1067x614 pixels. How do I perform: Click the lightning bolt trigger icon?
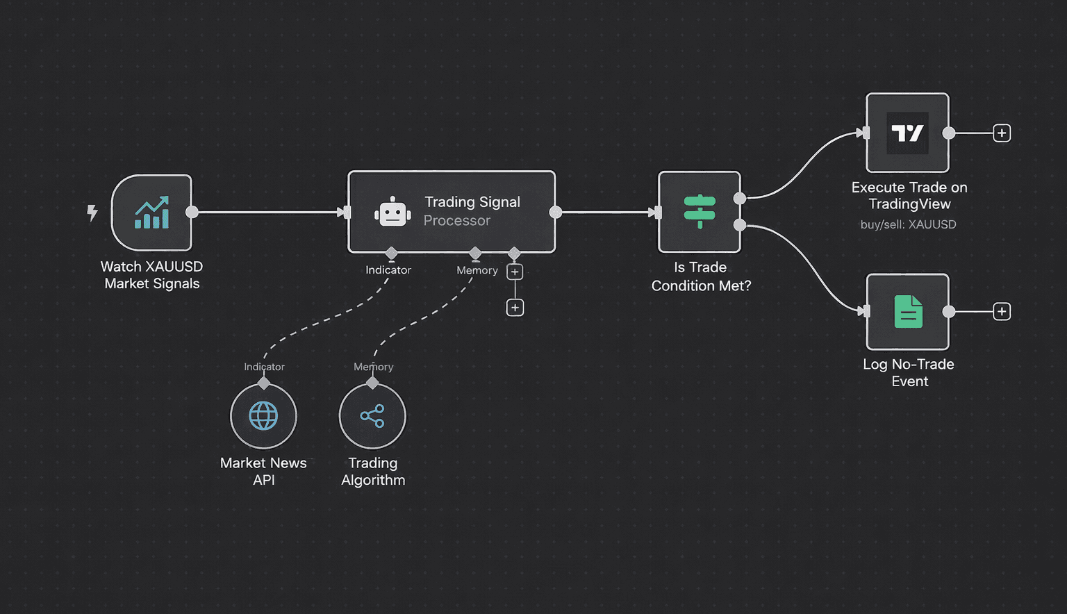coord(92,213)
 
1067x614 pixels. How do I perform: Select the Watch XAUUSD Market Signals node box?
coord(151,213)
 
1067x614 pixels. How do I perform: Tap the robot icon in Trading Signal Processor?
coord(392,213)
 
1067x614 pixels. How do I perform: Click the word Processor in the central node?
coord(456,221)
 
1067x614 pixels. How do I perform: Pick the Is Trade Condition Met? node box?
coord(699,212)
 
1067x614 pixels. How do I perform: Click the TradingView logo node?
coord(907,133)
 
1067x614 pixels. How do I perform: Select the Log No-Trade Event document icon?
coord(907,312)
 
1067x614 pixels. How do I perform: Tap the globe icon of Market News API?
coord(263,416)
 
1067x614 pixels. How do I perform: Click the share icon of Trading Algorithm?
coord(372,416)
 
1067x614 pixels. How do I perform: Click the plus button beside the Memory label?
coord(515,272)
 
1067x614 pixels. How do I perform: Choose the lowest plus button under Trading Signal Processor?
coord(515,308)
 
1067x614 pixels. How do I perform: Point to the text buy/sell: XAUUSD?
coord(908,224)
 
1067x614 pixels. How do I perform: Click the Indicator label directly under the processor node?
coord(388,270)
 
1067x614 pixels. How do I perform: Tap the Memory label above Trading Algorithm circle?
coord(373,367)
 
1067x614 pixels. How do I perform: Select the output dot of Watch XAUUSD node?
coord(192,212)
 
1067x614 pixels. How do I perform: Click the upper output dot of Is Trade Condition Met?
coord(740,199)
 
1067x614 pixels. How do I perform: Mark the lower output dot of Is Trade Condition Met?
coord(740,225)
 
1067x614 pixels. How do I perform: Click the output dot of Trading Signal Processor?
coord(556,212)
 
